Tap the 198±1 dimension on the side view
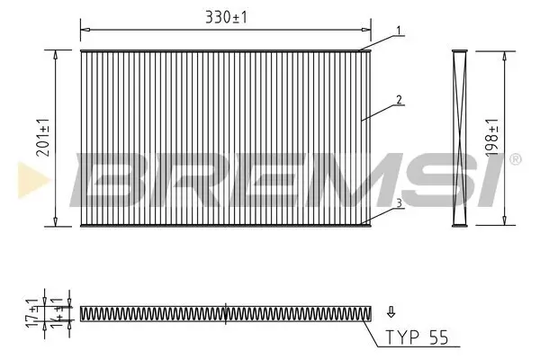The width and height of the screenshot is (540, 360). click(x=491, y=136)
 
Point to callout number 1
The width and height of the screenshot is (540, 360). click(x=395, y=31)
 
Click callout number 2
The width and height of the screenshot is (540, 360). click(x=396, y=100)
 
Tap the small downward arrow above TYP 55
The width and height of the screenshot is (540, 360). click(x=391, y=313)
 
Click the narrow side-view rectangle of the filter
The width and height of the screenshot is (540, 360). click(x=459, y=136)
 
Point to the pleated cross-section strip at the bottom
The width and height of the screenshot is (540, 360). click(x=225, y=313)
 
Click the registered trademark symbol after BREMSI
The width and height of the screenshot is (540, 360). click(x=515, y=159)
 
